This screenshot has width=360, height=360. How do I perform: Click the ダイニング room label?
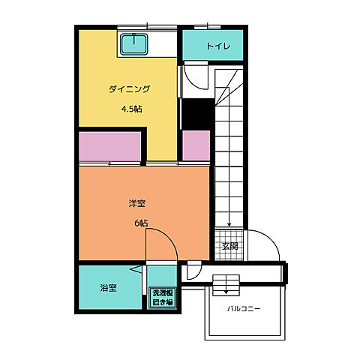click(x=129, y=89)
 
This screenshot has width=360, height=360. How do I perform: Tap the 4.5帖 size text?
click(x=132, y=109)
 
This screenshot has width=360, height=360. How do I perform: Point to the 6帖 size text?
click(x=141, y=223)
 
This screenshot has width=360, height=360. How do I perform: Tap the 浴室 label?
click(x=108, y=287)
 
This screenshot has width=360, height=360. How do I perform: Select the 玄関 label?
click(x=229, y=246)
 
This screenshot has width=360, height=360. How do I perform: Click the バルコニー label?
click(x=244, y=308)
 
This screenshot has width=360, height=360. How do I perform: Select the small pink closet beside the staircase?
click(x=196, y=145)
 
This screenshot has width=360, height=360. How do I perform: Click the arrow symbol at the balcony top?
click(x=225, y=286)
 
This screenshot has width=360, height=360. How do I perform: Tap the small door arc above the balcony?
click(x=194, y=270)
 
